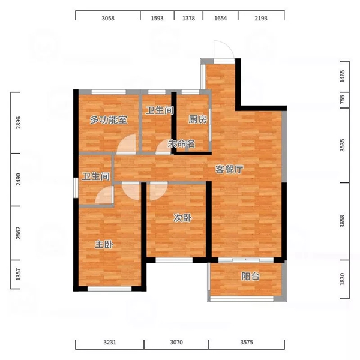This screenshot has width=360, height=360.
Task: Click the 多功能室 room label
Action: pos(109,119)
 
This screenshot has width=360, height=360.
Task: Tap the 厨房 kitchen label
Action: pos(197,119)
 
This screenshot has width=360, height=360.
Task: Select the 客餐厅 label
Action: pos(229,169)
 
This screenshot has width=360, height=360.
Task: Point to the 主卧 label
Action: pos(104,245)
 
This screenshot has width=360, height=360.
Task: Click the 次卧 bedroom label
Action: pos(182,218)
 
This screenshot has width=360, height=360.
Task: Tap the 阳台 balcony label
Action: pos(250,277)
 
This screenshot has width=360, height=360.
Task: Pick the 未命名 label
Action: pos(181,144)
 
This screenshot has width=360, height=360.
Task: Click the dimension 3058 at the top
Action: pos(108,18)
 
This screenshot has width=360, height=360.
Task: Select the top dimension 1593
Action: pos(157,18)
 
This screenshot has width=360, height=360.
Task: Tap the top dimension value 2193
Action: pos(261,18)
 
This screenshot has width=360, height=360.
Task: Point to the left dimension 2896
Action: pos(19,122)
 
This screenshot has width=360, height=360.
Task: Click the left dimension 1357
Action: pos(19,274)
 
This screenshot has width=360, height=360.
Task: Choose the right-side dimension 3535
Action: pos(343,145)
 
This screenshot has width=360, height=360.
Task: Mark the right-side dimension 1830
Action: pos(343,279)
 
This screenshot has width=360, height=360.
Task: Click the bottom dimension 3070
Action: pos(176,343)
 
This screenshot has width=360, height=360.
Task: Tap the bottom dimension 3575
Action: pos(247,343)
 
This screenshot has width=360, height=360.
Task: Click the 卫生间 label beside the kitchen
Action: pos(160,110)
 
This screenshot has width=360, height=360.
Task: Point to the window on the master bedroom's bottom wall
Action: pos(110,289)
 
